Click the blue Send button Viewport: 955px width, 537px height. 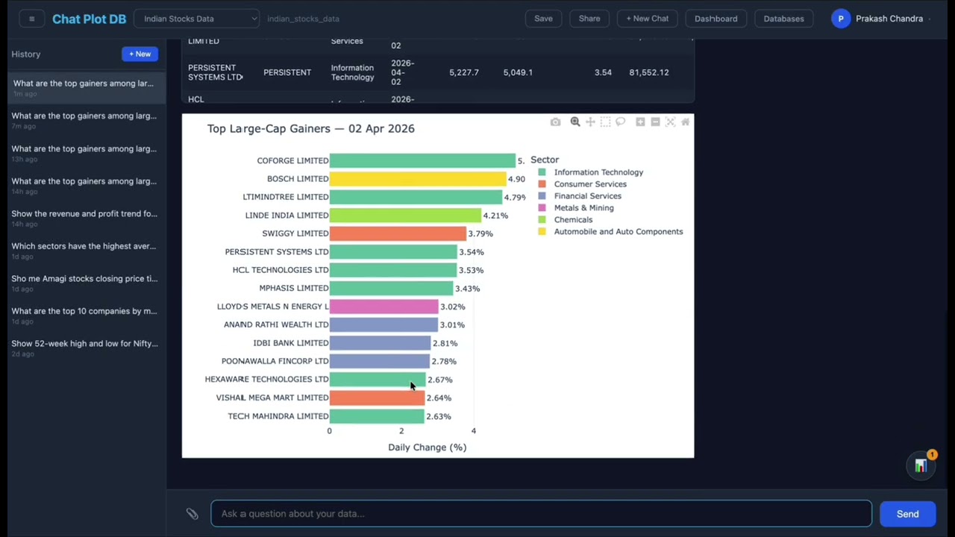pos(907,514)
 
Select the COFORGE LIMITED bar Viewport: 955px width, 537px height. pos(422,160)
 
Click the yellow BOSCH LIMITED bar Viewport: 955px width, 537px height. pos(417,179)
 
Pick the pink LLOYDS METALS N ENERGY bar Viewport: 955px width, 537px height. pos(383,307)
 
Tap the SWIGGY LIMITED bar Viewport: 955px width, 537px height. pos(397,233)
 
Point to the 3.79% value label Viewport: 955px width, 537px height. pos(480,233)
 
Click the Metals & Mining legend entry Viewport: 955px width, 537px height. pos(583,208)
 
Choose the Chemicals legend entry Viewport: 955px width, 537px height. pos(573,220)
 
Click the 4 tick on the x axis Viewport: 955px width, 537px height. pos(473,431)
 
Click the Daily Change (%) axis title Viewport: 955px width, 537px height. pos(427,447)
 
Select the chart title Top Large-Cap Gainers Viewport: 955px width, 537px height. pos(310,128)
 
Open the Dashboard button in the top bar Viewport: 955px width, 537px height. pos(716,19)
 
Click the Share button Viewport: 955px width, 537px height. pos(589,19)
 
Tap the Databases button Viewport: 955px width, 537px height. pos(783,19)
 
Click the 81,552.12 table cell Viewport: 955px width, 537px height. pos(648,72)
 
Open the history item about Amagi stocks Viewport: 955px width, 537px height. pos(84,279)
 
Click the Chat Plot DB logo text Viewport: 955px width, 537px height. pos(89,19)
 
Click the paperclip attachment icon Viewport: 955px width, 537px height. pos(192,514)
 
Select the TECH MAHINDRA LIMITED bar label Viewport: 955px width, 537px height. pos(278,416)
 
